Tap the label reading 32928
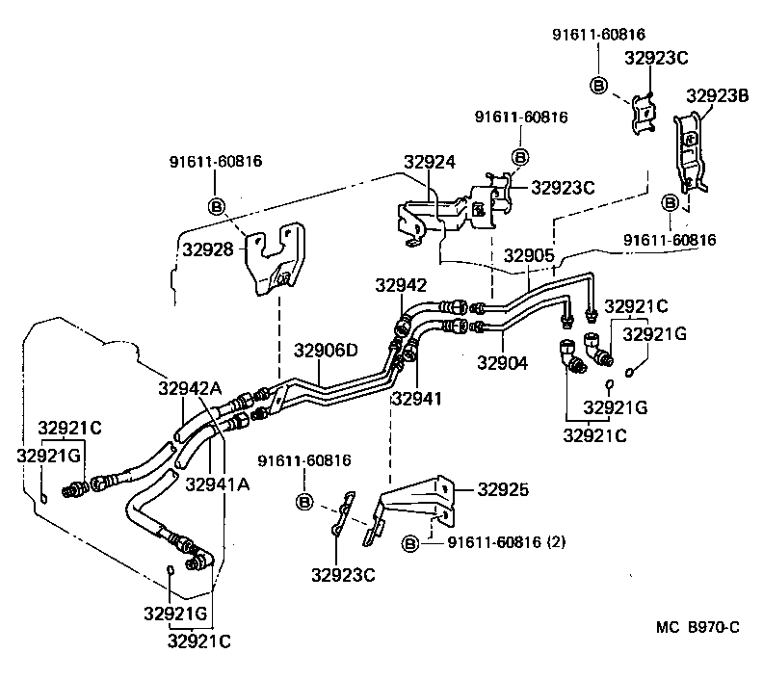point(207,248)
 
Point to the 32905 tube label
point(529,255)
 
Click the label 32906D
point(326,350)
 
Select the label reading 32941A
point(218,484)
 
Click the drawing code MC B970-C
point(697,628)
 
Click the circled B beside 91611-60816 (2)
point(408,544)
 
